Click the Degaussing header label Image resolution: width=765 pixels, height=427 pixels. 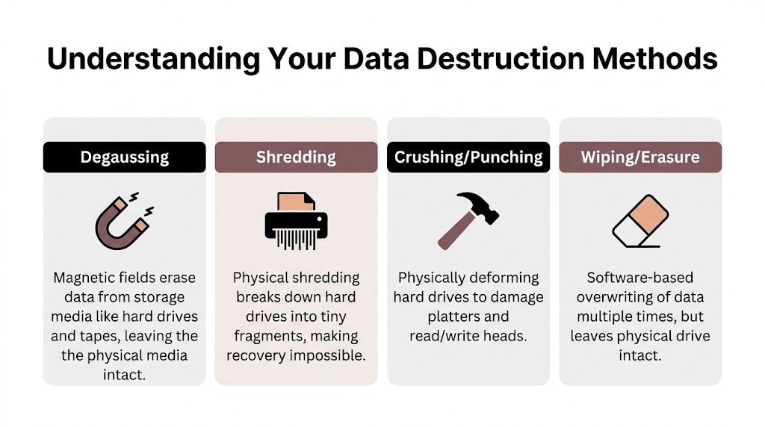coord(124,158)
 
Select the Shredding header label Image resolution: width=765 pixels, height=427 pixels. coord(296,158)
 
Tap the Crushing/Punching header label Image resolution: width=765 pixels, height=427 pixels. coord(468,158)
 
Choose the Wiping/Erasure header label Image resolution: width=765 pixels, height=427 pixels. coord(640,158)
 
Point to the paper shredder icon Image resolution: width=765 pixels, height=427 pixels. coord(296,219)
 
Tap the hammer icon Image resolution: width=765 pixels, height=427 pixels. coord(468,218)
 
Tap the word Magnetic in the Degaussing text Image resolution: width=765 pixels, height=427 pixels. coord(81,278)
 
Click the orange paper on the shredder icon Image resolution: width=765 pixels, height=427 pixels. coord(291,200)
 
